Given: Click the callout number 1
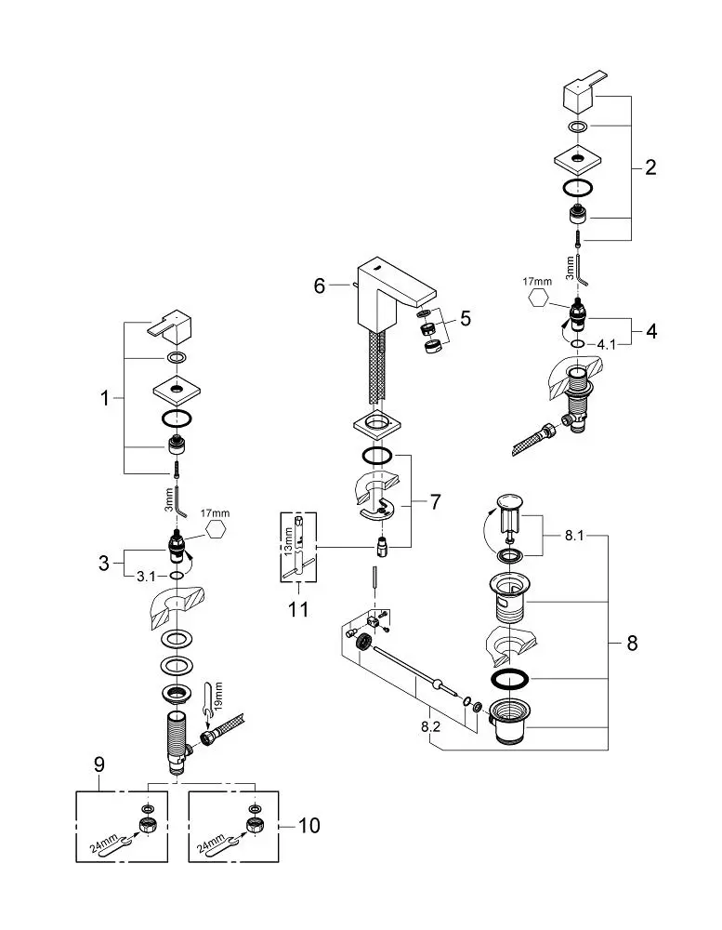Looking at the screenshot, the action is pyautogui.click(x=105, y=398).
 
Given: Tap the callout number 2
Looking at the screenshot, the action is pyautogui.click(x=650, y=167).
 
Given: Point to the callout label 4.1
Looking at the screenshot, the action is pyautogui.click(x=606, y=344).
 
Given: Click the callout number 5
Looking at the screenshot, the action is pyautogui.click(x=466, y=318).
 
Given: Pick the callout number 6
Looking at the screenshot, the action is pyautogui.click(x=320, y=286).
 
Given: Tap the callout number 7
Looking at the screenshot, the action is pyautogui.click(x=436, y=502).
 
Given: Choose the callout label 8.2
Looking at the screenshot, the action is pyautogui.click(x=431, y=726).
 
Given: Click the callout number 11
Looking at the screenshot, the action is pyautogui.click(x=298, y=609).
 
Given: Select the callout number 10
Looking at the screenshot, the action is pyautogui.click(x=308, y=826).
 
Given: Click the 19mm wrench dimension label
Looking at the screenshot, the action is pyautogui.click(x=217, y=695).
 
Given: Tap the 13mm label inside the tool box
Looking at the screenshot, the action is pyautogui.click(x=288, y=542).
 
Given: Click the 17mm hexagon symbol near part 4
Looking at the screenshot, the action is pyautogui.click(x=538, y=298).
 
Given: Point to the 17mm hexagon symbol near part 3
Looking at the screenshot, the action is pyautogui.click(x=215, y=530).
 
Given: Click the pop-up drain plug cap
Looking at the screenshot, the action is pyautogui.click(x=510, y=503).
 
